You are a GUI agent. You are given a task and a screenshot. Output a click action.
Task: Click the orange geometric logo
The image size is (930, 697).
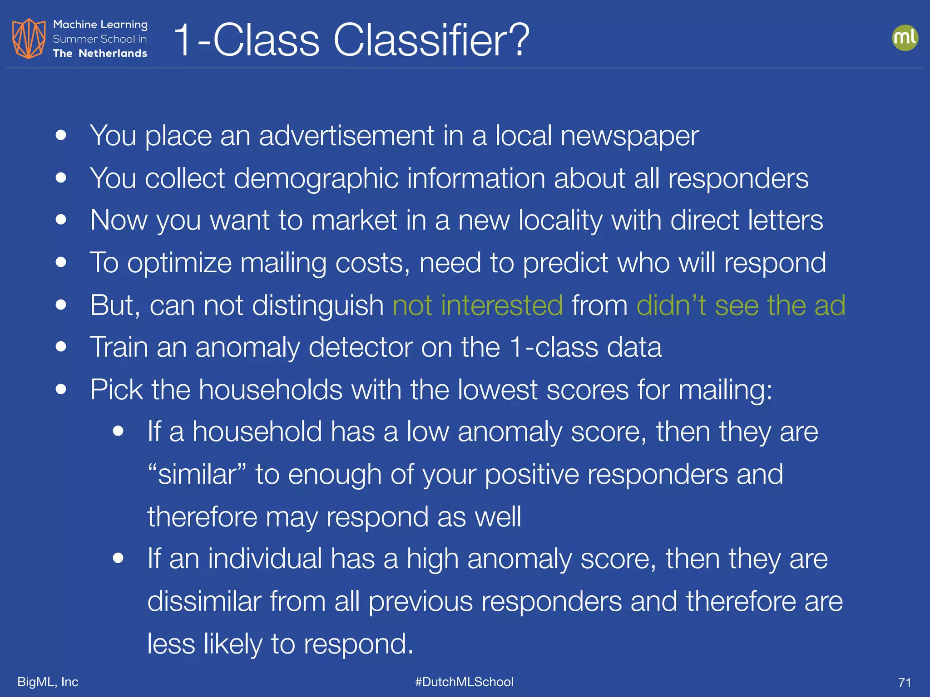pyautogui.click(x=29, y=39)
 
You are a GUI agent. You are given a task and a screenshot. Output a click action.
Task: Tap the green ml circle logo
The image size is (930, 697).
pyautogui.click(x=905, y=38)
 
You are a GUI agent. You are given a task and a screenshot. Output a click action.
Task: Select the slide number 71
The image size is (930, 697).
pyautogui.click(x=905, y=682)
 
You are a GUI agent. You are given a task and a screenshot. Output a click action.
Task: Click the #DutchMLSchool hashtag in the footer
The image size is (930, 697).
pyautogui.click(x=464, y=682)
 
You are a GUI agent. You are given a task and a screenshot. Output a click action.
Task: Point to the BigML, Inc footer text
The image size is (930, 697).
pyautogui.click(x=48, y=682)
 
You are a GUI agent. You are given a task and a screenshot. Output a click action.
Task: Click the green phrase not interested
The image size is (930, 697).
pyautogui.click(x=478, y=305)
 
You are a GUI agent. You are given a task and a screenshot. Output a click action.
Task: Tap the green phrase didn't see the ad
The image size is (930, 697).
pyautogui.click(x=741, y=305)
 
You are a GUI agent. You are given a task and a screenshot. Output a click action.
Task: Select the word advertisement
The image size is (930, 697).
pyautogui.click(x=346, y=136)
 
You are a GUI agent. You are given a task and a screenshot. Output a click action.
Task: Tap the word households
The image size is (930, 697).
pyautogui.click(x=270, y=390)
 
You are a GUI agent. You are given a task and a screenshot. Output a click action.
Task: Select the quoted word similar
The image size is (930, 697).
pyautogui.click(x=198, y=474)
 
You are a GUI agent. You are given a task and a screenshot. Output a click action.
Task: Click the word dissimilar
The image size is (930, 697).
pyautogui.click(x=204, y=601)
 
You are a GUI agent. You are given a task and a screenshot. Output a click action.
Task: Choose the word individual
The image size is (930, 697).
pyautogui.click(x=265, y=559)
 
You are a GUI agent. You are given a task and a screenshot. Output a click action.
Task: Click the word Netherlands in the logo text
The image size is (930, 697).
pyautogui.click(x=113, y=54)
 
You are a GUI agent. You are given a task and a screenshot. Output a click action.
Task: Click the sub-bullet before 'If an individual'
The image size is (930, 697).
pyautogui.click(x=119, y=558)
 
